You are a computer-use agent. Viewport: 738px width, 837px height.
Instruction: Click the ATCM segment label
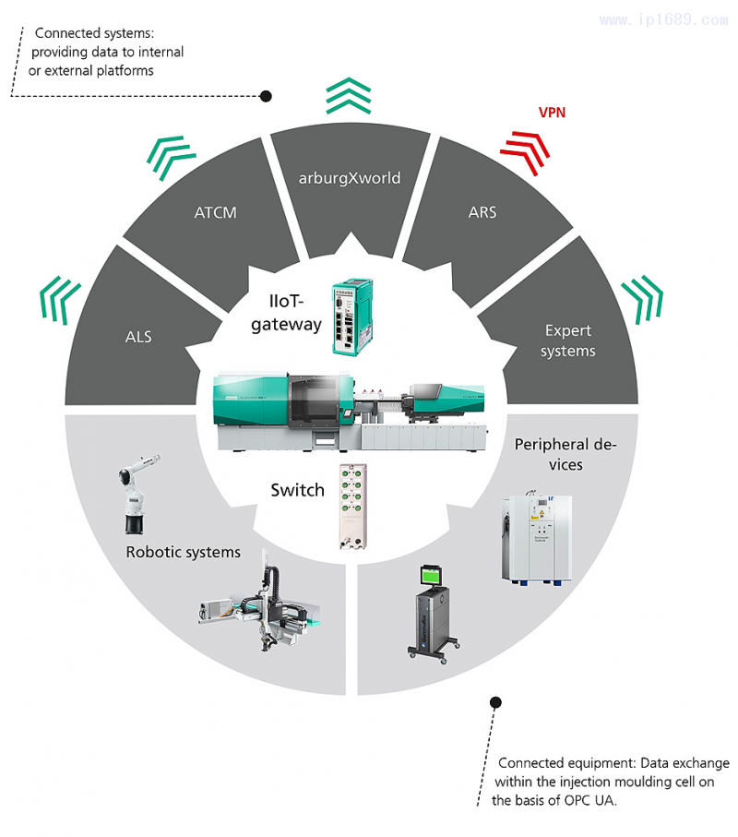(216, 212)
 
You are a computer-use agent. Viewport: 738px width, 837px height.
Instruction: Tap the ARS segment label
(482, 212)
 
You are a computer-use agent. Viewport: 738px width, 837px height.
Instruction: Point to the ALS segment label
(138, 337)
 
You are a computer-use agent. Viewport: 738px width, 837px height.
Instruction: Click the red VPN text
(553, 113)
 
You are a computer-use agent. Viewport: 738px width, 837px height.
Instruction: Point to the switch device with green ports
(353, 506)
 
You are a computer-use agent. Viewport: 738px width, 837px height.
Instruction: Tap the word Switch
(297, 490)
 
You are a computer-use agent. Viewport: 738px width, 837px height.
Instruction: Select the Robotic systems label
(183, 552)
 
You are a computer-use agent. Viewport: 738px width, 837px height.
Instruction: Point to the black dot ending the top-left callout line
(266, 96)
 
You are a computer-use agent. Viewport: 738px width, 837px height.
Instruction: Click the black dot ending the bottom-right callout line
(495, 702)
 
